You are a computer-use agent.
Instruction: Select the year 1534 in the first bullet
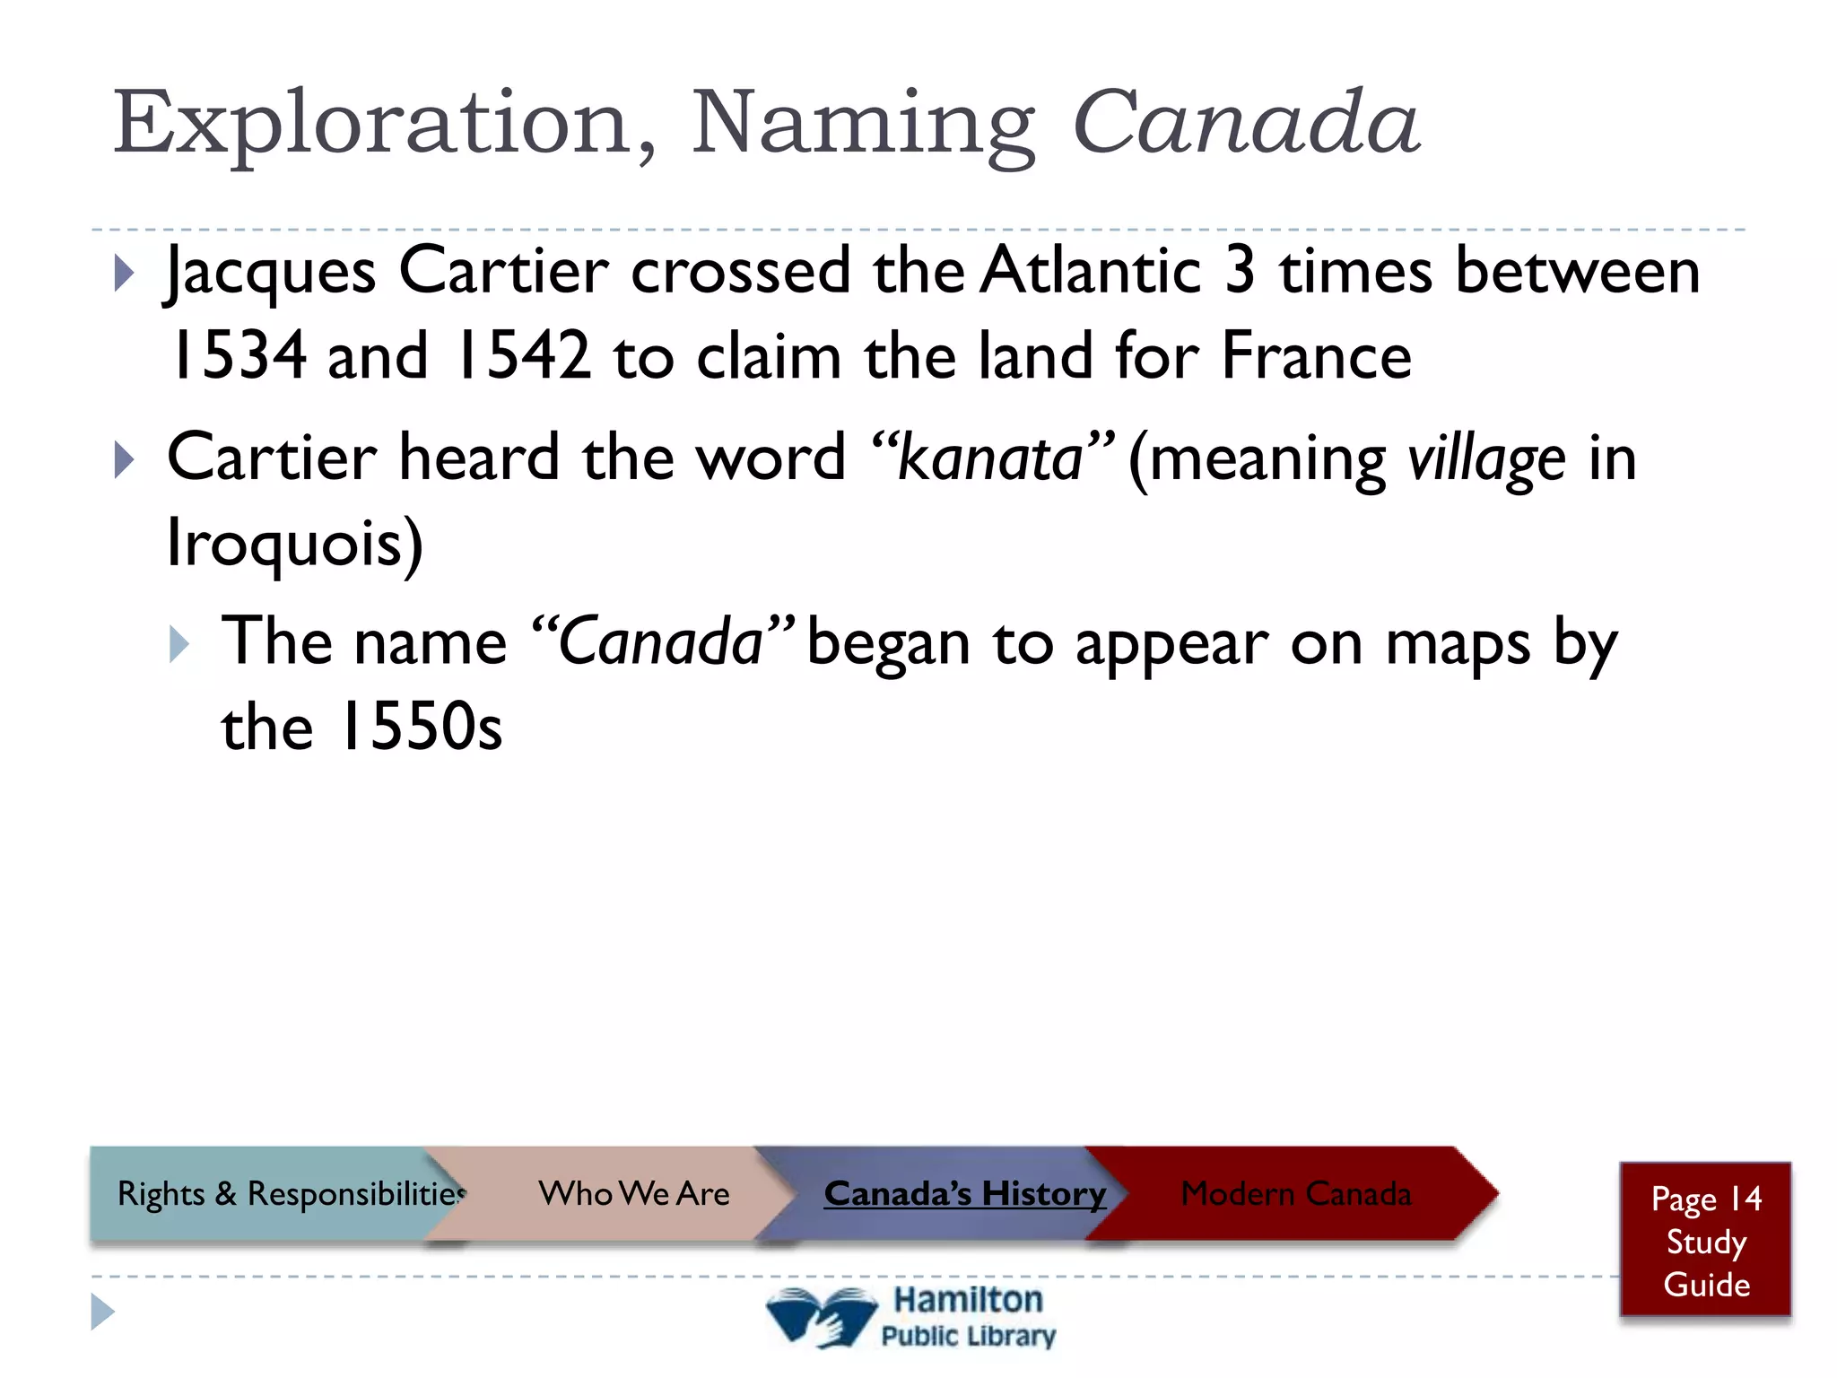coord(238,356)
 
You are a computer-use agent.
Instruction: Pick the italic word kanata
coord(990,458)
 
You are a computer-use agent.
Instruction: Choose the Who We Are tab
coord(633,1193)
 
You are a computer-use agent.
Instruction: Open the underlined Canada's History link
coord(964,1193)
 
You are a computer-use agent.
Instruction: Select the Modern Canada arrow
coord(1295,1193)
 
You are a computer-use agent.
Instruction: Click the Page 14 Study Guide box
coord(1705,1241)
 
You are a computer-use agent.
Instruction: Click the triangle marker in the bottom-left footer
coord(102,1312)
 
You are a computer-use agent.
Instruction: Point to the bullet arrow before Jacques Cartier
coord(125,274)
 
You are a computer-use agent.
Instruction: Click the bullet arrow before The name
coord(179,645)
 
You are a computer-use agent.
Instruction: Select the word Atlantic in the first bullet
coord(1089,271)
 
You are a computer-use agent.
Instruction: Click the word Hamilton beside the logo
coord(968,1299)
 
